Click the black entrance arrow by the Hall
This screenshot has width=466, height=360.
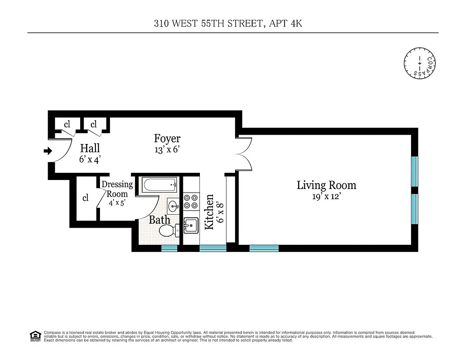(47, 152)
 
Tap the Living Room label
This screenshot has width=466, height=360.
(326, 185)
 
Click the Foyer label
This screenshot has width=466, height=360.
(167, 139)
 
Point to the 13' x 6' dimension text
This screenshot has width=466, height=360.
(167, 150)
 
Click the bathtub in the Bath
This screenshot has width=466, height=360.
(160, 184)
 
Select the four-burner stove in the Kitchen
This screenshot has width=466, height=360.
(190, 201)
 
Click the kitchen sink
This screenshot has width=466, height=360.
(190, 225)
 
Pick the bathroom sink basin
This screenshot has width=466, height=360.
(174, 207)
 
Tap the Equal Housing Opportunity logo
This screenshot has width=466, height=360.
(35, 336)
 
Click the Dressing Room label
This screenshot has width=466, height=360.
(117, 189)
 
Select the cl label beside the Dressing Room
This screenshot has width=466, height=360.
(85, 198)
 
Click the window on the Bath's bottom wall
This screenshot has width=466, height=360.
(169, 248)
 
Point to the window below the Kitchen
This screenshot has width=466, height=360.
(213, 248)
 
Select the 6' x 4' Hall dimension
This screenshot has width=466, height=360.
(90, 159)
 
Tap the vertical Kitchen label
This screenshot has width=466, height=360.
(209, 212)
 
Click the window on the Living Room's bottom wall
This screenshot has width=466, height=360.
(264, 248)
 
